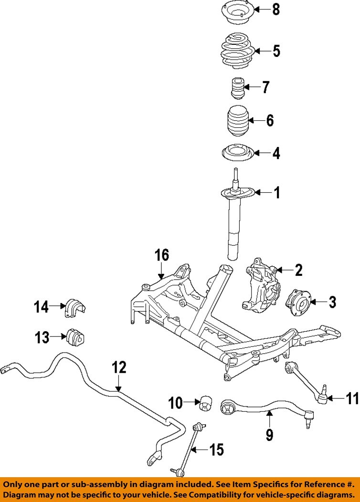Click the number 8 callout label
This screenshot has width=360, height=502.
[x=276, y=9]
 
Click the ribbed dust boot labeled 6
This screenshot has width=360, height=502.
[x=237, y=123]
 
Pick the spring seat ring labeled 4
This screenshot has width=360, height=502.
[x=237, y=154]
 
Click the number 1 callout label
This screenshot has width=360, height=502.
[x=276, y=193]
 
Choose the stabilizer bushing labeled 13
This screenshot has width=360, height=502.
[x=74, y=337]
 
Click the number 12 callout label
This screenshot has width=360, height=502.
[x=119, y=367]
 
